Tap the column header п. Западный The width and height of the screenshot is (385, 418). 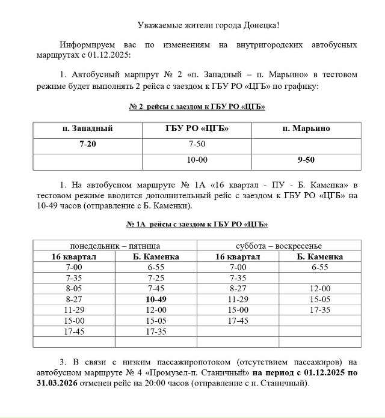click(87, 129)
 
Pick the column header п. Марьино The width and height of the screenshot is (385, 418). click(306, 129)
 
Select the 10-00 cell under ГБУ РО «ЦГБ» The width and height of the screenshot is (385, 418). click(197, 161)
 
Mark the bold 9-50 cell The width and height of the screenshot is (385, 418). click(306, 161)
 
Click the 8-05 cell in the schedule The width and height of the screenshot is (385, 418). click(75, 288)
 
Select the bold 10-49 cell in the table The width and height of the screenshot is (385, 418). click(156, 299)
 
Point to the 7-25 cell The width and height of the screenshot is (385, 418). click(156, 278)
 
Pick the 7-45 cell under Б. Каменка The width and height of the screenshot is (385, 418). click(156, 288)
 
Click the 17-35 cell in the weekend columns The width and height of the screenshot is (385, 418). click(320, 310)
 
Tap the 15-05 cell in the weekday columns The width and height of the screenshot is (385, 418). click(156, 321)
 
